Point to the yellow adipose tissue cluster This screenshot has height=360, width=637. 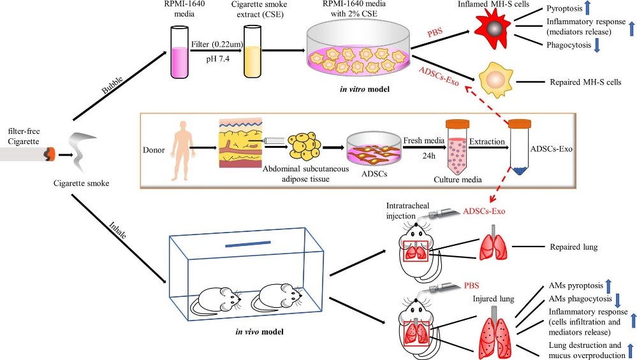click(x=305, y=147)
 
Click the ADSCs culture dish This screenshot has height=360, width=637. click(x=372, y=152)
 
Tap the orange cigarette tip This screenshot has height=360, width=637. click(x=49, y=153)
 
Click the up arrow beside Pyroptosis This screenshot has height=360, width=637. click(x=589, y=10)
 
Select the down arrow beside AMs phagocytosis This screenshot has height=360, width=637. click(x=617, y=299)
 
